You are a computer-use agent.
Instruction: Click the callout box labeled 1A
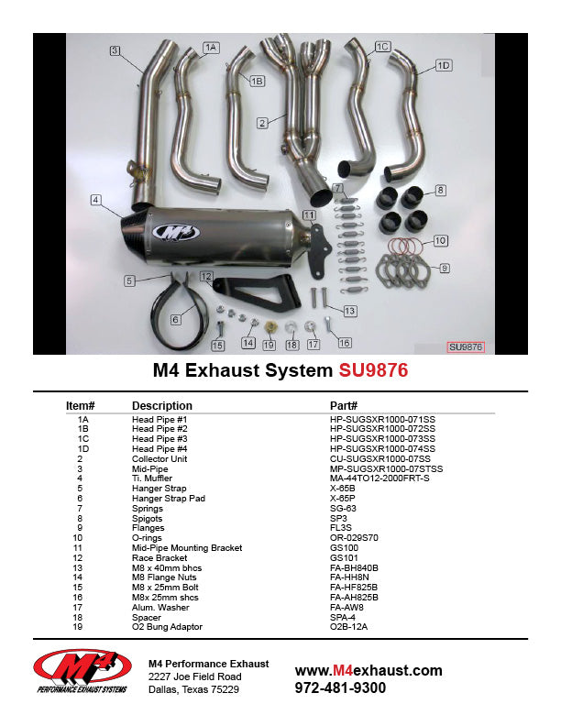click(x=211, y=47)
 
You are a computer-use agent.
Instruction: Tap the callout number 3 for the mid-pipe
click(x=115, y=50)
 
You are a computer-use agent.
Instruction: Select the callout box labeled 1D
click(x=444, y=65)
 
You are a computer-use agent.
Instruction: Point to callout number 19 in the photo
click(x=269, y=345)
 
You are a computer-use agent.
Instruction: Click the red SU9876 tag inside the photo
click(x=465, y=347)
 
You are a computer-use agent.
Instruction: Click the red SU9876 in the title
click(x=373, y=371)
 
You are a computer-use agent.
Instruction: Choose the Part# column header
click(x=343, y=405)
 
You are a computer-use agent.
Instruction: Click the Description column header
click(x=162, y=405)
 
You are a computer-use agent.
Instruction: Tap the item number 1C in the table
click(x=83, y=439)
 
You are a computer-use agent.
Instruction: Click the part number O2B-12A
click(x=348, y=627)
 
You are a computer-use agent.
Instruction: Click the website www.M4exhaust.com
click(x=368, y=671)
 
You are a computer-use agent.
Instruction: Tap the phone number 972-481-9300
click(x=340, y=687)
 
